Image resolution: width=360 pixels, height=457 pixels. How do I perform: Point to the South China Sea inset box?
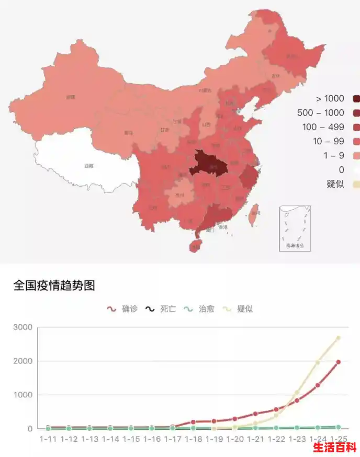tap(295, 229)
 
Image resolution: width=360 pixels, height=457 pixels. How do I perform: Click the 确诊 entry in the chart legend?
tap(122, 309)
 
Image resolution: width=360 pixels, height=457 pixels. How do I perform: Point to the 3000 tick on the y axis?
tap(22, 327)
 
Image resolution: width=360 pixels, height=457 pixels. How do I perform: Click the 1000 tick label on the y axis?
tap(22, 395)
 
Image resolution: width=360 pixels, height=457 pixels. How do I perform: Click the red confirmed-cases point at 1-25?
tap(338, 362)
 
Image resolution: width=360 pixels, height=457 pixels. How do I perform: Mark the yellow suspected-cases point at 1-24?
tap(318, 362)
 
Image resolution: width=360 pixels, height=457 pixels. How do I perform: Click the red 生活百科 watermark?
tap(335, 448)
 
